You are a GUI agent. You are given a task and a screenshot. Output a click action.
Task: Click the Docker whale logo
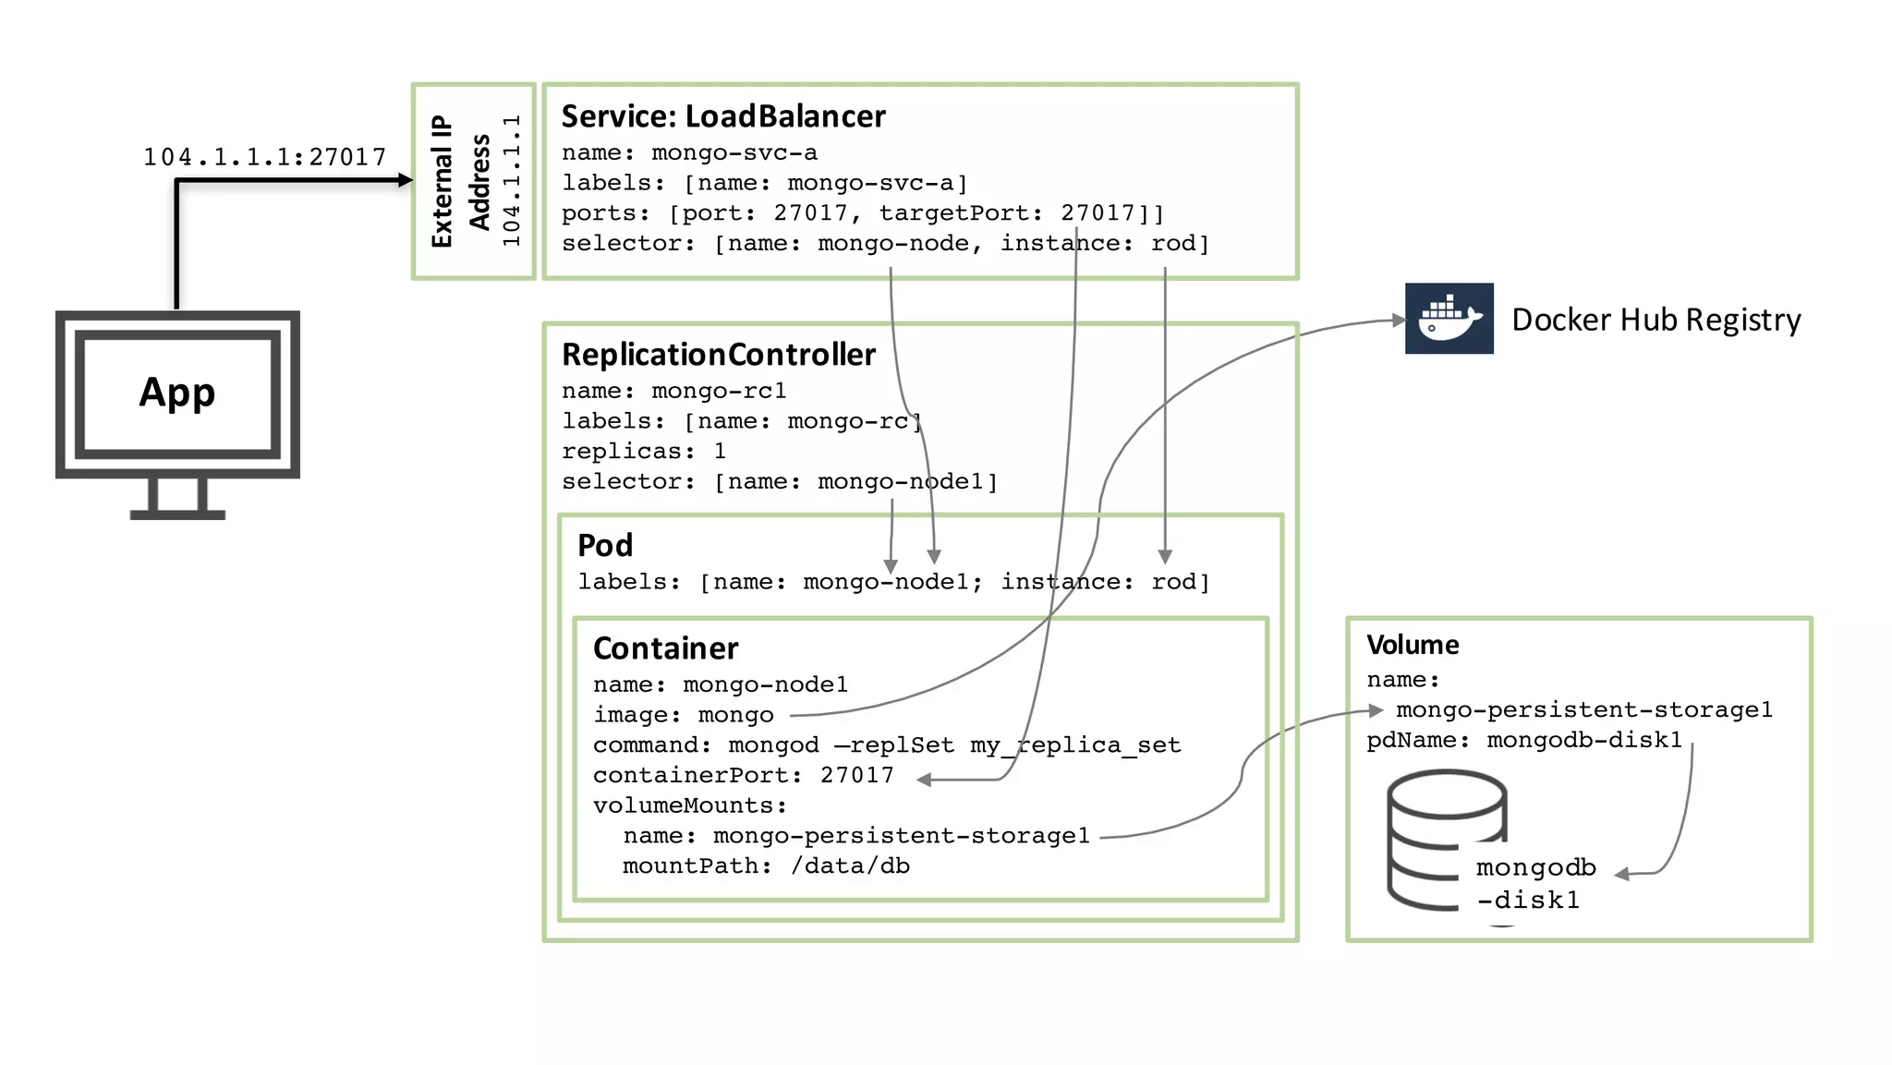point(1449,319)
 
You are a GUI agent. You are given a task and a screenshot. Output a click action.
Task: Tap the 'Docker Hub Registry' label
point(1655,320)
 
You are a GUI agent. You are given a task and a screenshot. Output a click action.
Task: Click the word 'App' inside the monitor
point(177,393)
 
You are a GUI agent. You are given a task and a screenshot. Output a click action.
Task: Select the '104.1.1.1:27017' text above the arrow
point(264,157)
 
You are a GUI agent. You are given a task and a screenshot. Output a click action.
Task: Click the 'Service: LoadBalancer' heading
point(722,116)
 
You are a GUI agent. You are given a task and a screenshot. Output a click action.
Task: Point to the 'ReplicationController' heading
point(718,355)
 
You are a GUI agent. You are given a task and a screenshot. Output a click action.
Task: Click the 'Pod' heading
point(605,545)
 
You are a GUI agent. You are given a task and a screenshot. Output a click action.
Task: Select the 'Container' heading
point(665,648)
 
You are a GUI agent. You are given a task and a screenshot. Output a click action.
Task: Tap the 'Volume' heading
point(1413,645)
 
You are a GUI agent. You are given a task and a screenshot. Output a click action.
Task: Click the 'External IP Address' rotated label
point(460,181)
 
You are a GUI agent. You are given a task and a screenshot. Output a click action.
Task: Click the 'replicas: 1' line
point(644,452)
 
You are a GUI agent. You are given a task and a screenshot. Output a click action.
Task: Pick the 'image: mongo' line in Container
point(683,715)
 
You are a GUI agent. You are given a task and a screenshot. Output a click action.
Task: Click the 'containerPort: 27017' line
point(743,775)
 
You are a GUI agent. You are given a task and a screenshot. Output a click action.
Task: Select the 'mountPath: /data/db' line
point(765,866)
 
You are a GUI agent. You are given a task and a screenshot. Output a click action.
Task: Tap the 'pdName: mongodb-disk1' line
point(1523,740)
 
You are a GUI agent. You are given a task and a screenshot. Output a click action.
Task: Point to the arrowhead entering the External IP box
point(406,180)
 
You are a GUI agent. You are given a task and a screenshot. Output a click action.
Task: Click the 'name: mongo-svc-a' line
point(689,152)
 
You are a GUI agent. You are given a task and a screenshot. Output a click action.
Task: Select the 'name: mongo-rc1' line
point(673,391)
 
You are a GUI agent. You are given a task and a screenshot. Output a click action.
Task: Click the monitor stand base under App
point(177,514)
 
